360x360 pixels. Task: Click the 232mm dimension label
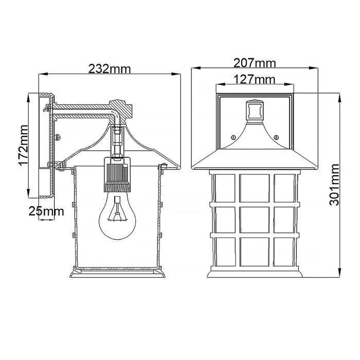click(110, 68)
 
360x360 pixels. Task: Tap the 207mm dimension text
click(255, 63)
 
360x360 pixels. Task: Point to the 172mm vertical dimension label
click(22, 147)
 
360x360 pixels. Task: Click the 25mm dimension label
click(47, 211)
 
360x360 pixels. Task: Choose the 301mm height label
click(335, 185)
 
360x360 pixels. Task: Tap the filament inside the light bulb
click(118, 210)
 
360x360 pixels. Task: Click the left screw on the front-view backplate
click(233, 137)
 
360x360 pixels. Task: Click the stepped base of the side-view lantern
click(118, 274)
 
